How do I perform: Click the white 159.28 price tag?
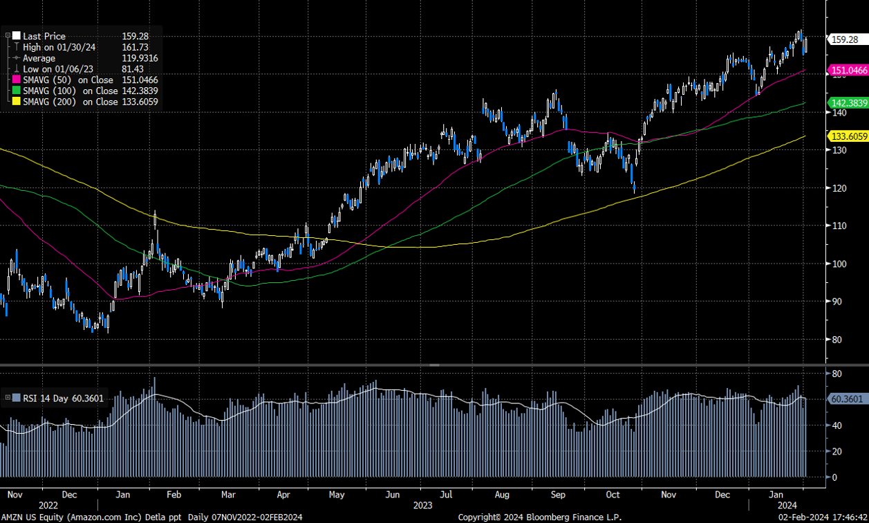pos(844,39)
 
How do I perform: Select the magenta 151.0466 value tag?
pos(848,71)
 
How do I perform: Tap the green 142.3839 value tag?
pos(848,102)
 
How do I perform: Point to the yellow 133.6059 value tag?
pos(848,136)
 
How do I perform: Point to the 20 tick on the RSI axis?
pos(836,452)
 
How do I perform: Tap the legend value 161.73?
pos(135,47)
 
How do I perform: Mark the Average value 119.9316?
pos(139,58)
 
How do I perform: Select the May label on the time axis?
pos(337,495)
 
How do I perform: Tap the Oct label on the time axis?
pos(613,495)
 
